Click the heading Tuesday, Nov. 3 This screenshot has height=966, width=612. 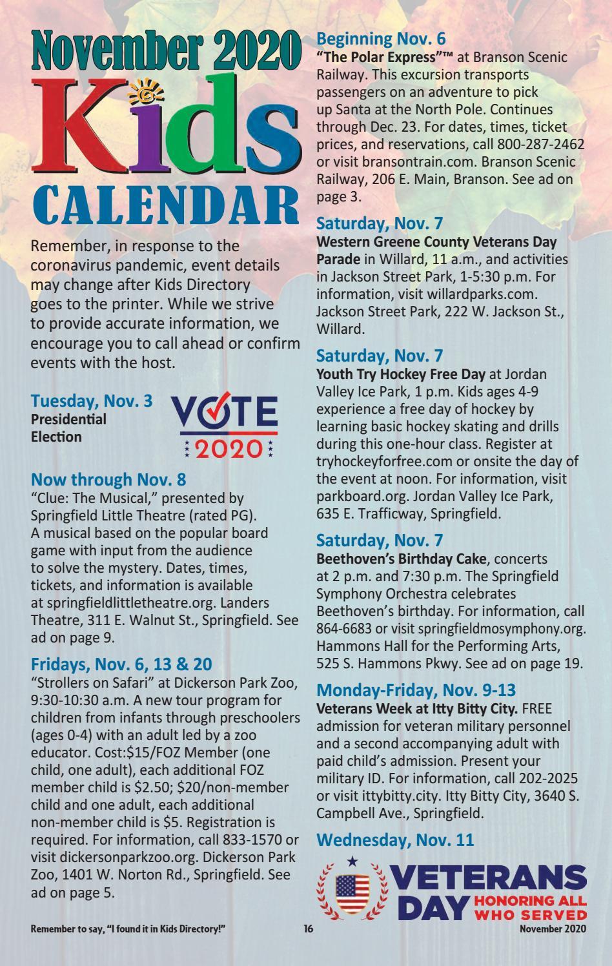pyautogui.click(x=92, y=401)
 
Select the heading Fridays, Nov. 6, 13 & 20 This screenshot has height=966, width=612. pyautogui.click(x=121, y=664)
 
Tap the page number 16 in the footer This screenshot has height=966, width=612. pyautogui.click(x=308, y=929)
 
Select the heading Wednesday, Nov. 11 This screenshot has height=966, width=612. pyautogui.click(x=395, y=840)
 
